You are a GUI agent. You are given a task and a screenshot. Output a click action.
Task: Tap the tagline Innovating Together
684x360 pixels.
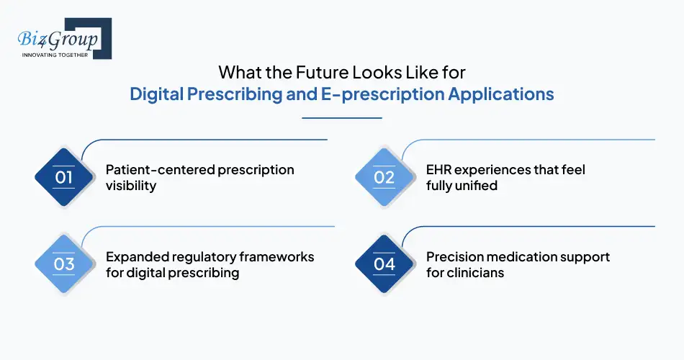[x=55, y=55]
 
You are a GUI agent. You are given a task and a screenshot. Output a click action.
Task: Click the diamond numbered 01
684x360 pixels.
[x=64, y=177]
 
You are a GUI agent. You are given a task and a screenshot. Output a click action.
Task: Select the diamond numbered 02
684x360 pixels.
[x=384, y=177]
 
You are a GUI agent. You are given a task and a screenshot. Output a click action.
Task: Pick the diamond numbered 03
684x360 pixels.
[x=64, y=264]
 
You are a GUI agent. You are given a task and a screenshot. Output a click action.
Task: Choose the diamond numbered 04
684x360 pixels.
[x=384, y=264]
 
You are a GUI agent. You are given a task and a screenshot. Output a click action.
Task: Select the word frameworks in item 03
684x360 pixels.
[x=276, y=257]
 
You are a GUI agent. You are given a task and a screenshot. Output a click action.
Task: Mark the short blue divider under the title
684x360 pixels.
[x=342, y=117]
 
